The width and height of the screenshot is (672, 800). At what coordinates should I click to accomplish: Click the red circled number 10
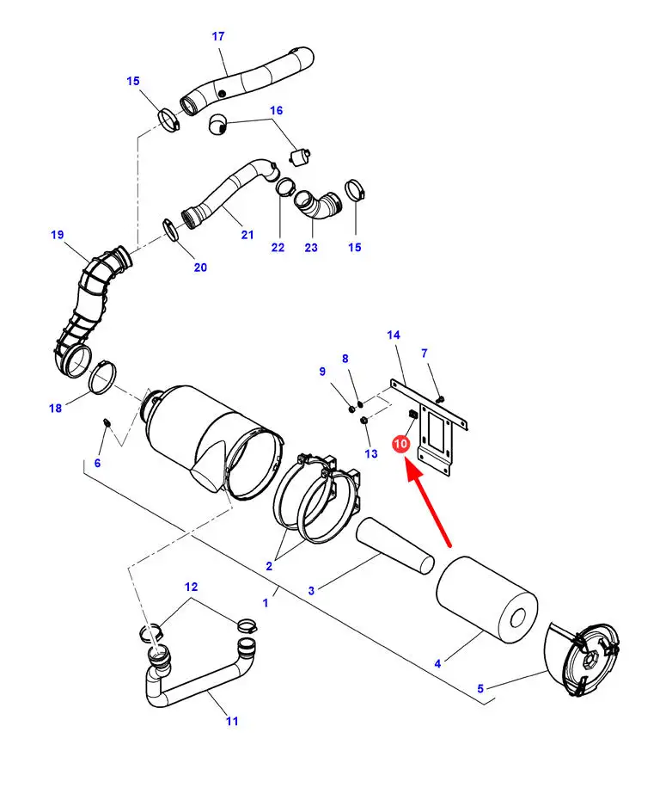point(400,443)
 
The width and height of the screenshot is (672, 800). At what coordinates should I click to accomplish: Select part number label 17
point(218,36)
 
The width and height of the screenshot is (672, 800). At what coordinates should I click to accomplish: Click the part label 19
point(58,235)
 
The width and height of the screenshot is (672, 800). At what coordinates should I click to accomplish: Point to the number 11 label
point(233,721)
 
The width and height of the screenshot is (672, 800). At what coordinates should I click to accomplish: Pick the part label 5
point(480,689)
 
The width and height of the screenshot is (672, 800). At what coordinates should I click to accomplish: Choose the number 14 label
point(394,335)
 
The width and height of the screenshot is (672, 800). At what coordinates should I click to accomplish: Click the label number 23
point(311,248)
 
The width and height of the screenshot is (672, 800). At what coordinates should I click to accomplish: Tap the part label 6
point(97,463)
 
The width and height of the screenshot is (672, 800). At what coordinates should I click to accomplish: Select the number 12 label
point(191,587)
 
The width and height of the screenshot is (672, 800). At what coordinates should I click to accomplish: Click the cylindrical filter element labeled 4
point(487,599)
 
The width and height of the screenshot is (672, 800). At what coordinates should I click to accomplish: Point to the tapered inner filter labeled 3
point(395,546)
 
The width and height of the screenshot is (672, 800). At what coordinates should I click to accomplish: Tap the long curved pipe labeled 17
point(247,81)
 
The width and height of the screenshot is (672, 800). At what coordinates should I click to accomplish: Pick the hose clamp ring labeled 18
point(102,377)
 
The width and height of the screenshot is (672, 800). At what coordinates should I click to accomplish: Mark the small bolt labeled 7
point(441,398)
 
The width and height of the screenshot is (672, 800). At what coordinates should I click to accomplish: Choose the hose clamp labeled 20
point(171,229)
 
